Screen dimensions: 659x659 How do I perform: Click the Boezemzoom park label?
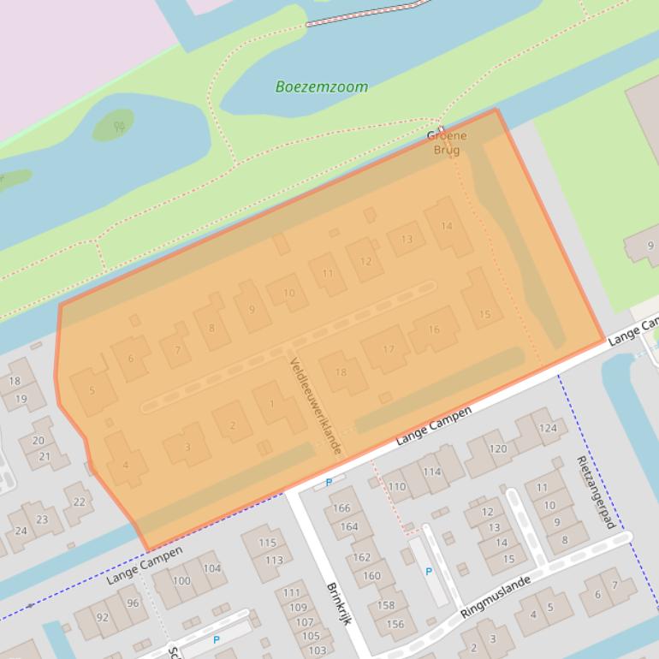click(x=322, y=86)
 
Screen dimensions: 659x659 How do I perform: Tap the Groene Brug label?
click(x=447, y=143)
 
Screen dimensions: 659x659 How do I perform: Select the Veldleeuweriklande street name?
click(x=316, y=406)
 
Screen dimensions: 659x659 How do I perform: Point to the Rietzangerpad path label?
click(x=597, y=491)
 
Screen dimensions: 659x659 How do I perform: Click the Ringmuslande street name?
click(x=495, y=597)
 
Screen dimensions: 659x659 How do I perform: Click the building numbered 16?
click(x=434, y=329)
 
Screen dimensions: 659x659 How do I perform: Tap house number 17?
click(x=389, y=349)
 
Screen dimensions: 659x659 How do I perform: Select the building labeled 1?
click(x=272, y=404)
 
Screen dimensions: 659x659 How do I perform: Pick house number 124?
click(x=547, y=428)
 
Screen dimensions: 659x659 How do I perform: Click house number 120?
click(x=498, y=448)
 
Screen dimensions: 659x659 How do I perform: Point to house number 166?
click(x=341, y=508)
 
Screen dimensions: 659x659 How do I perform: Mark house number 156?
click(x=395, y=625)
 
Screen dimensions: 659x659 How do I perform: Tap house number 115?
click(x=268, y=543)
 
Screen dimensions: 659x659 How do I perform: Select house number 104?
click(x=211, y=568)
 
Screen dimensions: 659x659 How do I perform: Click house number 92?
click(x=102, y=616)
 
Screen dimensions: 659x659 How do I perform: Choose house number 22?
click(x=79, y=502)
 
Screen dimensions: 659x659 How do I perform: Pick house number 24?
click(x=21, y=531)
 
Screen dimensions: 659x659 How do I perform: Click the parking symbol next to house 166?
click(x=329, y=483)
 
